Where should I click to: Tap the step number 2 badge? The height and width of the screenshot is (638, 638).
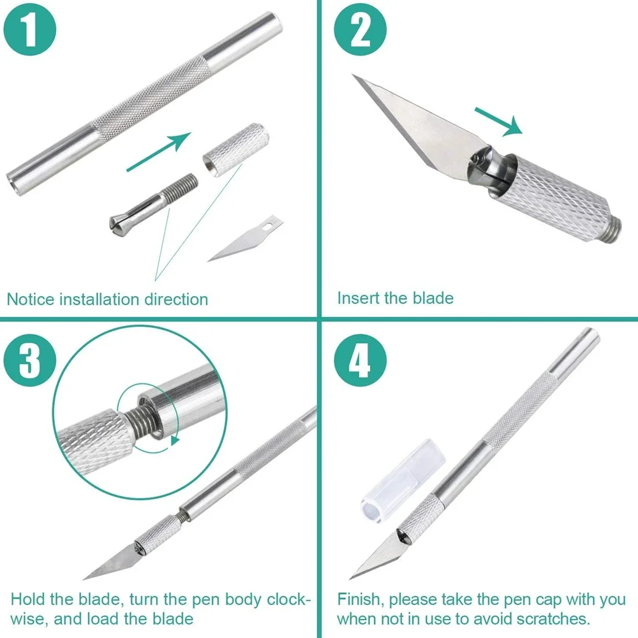pos(361,31)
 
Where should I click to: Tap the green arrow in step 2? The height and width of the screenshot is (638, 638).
pos(498,122)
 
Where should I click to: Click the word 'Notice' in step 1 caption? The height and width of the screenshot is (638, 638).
pos(31,299)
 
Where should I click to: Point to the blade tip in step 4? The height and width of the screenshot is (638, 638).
pos(353,577)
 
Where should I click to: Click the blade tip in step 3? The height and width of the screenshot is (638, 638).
pos(85,577)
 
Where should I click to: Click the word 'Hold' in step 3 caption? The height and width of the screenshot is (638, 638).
pos(28,600)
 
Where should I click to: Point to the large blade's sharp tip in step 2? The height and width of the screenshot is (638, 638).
pos(353,76)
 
